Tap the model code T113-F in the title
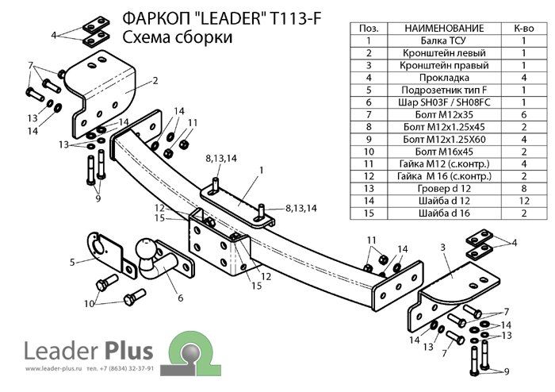(296, 18)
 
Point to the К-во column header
(523, 29)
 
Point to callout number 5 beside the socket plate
(72, 261)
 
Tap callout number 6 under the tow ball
(180, 298)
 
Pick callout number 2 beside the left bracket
(156, 80)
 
